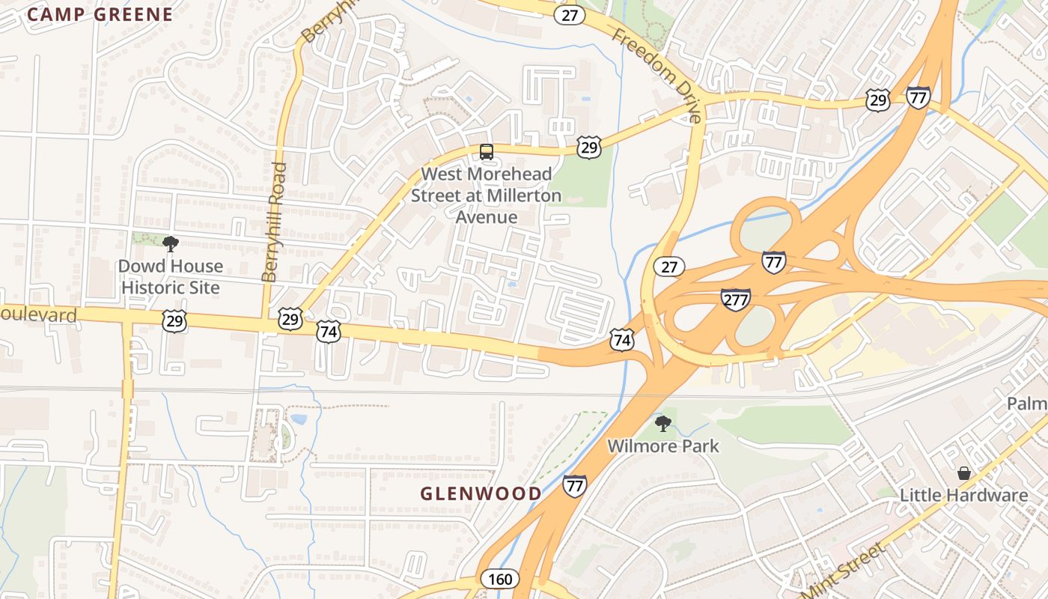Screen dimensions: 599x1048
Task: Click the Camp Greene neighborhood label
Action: click(100, 14)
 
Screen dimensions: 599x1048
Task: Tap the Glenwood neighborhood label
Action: click(480, 493)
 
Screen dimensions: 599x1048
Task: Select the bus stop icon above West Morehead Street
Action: click(487, 152)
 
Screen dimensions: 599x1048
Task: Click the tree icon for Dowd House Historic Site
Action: click(171, 243)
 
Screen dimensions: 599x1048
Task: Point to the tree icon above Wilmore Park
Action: click(662, 424)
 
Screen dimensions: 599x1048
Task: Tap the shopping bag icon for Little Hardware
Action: click(963, 473)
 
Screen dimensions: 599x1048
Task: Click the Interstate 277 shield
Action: click(736, 299)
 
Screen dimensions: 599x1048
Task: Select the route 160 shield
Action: click(498, 579)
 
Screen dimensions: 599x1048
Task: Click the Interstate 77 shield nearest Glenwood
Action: click(574, 486)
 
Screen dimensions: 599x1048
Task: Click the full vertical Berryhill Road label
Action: click(275, 222)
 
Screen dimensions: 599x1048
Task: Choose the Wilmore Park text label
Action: click(662, 446)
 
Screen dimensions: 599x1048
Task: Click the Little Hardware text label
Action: click(963, 495)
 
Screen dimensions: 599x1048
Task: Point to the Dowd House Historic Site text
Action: click(171, 277)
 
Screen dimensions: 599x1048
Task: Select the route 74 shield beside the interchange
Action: click(621, 339)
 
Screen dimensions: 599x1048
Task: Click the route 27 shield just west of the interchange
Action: click(668, 267)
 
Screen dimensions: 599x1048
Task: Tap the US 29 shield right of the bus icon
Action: click(589, 148)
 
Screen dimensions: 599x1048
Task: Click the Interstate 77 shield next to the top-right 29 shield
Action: click(918, 97)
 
